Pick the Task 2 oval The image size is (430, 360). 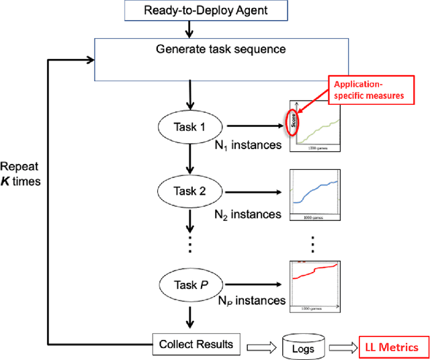pos(191,191)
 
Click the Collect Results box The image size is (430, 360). pos(196,345)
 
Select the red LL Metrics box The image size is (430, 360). pos(391,347)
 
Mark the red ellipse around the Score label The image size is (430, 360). pos(293,121)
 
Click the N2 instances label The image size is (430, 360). pos(247,215)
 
